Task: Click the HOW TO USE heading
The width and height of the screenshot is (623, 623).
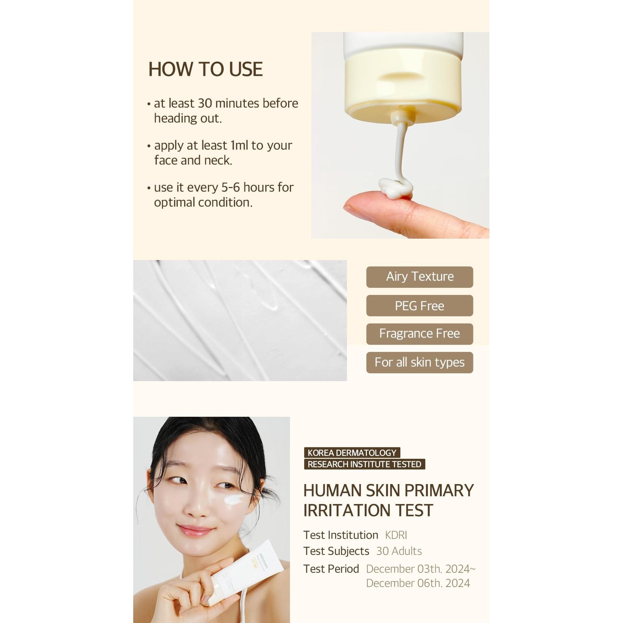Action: coord(205,69)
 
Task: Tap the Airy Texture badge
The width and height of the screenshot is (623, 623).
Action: coord(419,277)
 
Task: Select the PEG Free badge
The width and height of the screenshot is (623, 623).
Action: coord(419,306)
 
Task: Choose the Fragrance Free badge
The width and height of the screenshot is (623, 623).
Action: coord(419,334)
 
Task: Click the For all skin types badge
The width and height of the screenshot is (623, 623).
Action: coord(419,362)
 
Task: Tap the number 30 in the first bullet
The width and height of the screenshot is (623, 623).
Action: coord(205,103)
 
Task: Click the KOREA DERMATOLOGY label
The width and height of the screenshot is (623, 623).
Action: coord(352,453)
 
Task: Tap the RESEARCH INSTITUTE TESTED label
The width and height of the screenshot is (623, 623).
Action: coord(364,464)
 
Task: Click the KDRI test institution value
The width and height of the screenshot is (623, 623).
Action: coord(396,535)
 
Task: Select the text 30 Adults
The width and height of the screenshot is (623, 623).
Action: coord(399,551)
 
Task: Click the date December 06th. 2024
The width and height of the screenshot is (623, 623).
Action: coord(418,583)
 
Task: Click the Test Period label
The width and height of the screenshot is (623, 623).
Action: coord(331,569)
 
